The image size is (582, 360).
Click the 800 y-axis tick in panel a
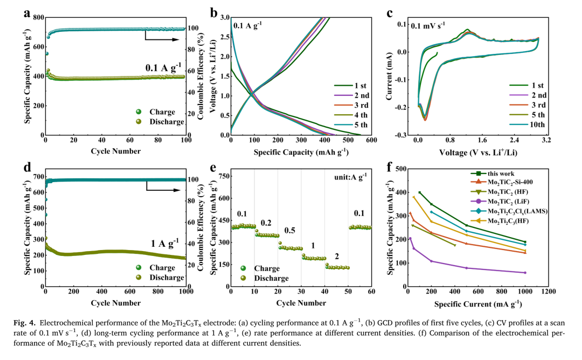pos(37,18)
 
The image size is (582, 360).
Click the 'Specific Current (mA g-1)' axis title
pos(478,303)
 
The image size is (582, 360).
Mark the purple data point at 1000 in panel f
pos(525,273)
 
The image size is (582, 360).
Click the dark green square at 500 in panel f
pos(467,225)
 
